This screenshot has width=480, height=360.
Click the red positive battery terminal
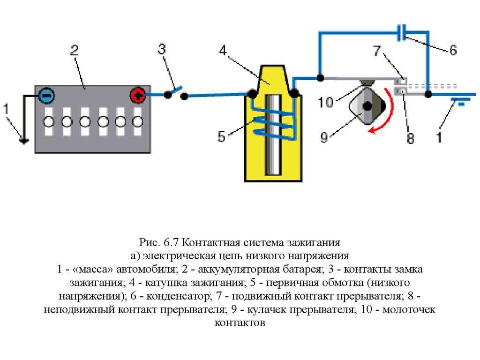(138, 96)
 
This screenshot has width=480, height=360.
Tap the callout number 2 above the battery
(74, 50)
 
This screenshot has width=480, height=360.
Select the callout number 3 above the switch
(162, 50)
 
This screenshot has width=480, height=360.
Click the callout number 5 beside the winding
(222, 137)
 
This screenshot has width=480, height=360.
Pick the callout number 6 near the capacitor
(453, 50)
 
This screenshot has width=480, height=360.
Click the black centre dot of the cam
(367, 106)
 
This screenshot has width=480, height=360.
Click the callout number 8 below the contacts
(411, 139)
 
